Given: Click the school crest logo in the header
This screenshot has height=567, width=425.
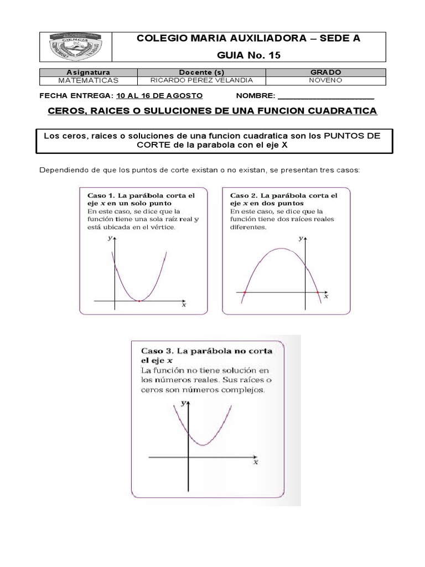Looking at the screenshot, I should point(75,47).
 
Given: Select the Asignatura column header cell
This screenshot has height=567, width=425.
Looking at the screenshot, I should point(88,73).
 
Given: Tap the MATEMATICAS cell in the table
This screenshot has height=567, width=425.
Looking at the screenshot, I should point(88,80).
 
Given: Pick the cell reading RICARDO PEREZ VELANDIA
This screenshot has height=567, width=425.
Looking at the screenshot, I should point(201,80).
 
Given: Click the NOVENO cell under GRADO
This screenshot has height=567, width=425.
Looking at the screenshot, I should point(326,80).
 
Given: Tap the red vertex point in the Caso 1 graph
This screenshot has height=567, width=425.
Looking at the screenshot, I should point(139,301).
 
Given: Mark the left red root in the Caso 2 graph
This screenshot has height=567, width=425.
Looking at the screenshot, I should point(245,292).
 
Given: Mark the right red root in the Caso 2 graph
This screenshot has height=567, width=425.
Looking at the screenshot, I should point(317,292).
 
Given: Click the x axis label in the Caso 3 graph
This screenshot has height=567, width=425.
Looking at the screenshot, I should point(255,462).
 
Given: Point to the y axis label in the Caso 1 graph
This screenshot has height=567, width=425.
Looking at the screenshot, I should point(110,237).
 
